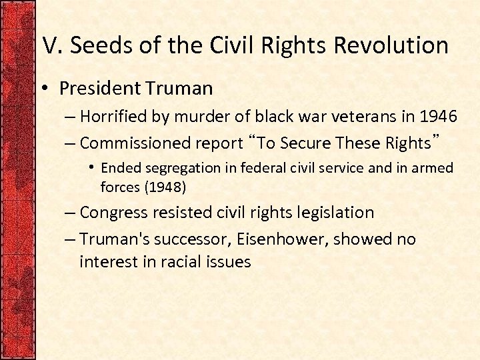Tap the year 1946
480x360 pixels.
pyautogui.click(x=438, y=117)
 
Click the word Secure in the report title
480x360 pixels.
pyautogui.click(x=307, y=143)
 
